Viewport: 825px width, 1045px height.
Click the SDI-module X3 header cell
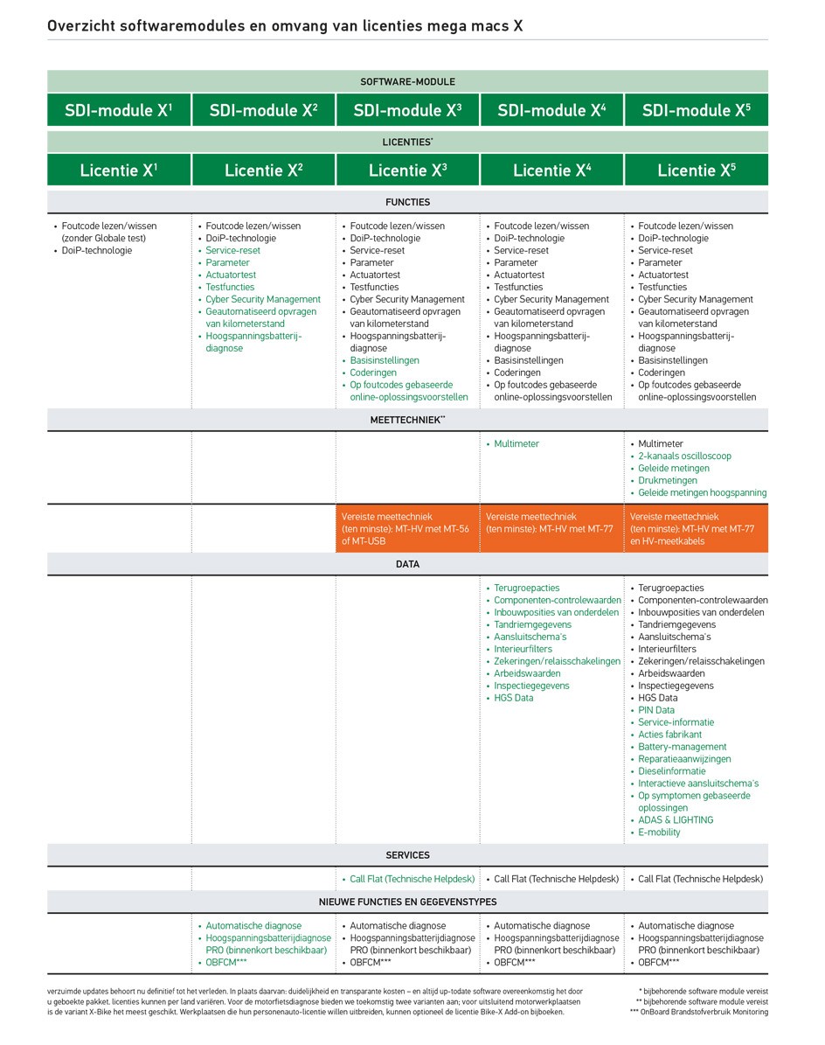407,111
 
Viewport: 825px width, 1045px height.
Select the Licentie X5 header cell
696,171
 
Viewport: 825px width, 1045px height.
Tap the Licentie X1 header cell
119,171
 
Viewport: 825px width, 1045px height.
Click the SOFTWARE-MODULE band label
407,81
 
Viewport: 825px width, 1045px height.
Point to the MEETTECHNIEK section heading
407,420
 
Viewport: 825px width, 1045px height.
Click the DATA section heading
407,564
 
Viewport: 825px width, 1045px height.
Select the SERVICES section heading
407,855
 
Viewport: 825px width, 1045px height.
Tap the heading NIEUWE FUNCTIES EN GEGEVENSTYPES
407,902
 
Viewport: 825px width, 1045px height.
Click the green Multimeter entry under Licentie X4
516,444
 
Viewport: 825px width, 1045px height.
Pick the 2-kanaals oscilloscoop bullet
684,456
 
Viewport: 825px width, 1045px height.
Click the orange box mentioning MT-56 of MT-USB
407,528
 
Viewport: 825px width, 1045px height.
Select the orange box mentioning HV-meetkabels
696,528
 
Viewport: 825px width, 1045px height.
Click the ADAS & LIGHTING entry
675,820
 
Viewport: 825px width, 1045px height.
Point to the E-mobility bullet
659,833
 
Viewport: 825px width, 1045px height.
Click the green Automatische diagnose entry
253,925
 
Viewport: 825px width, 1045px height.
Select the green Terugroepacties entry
526,588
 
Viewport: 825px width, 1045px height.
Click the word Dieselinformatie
671,771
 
